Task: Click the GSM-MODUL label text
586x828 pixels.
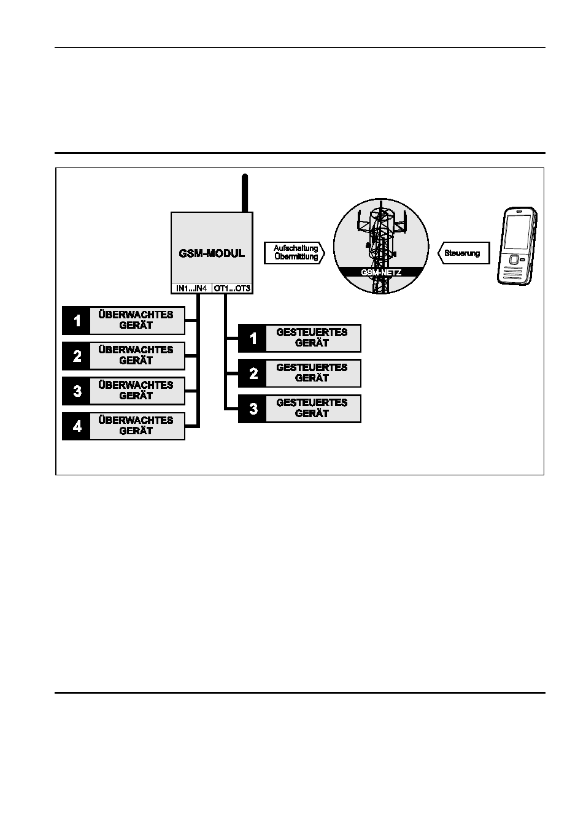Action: [x=212, y=253]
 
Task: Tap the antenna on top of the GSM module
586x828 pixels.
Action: [x=244, y=193]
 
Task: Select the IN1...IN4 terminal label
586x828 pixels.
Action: [x=191, y=288]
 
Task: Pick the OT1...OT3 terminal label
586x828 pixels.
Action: [x=232, y=288]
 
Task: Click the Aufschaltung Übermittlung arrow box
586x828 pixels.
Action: [x=295, y=253]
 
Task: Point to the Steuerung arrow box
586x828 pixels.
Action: [x=464, y=253]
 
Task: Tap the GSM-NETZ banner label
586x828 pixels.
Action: [x=381, y=272]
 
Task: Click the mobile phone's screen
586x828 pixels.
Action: [x=517, y=232]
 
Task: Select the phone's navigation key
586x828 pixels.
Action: [x=513, y=259]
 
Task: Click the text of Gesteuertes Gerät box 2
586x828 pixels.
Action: [x=312, y=373]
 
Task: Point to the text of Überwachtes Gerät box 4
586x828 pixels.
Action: [x=136, y=426]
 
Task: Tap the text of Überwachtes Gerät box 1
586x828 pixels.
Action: [x=136, y=320]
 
